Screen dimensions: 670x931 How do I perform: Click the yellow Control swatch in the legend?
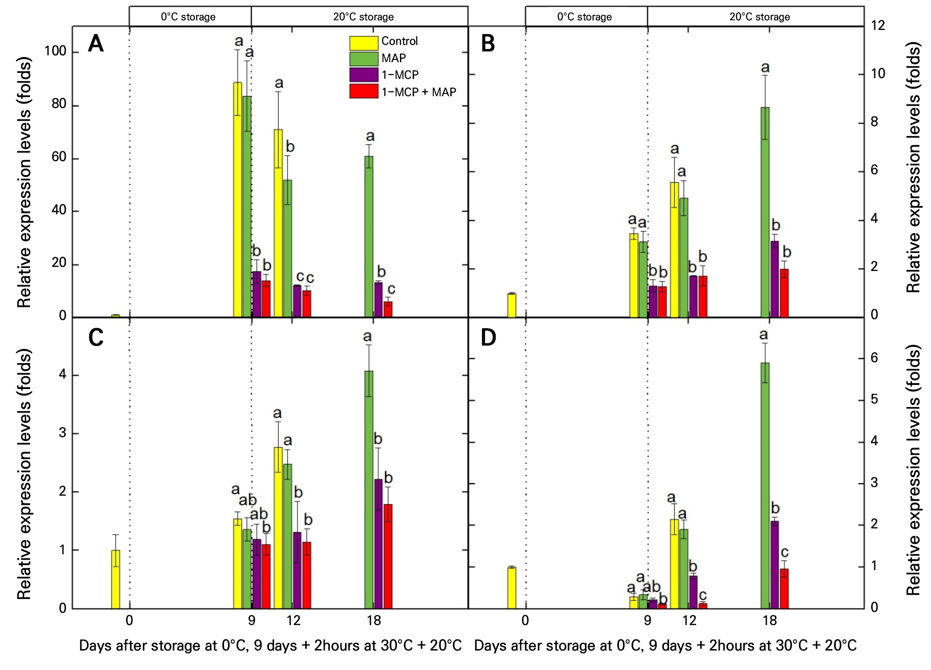coord(363,43)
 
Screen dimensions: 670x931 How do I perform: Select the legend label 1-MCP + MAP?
coord(419,92)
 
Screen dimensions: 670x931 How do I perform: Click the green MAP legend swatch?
coord(363,59)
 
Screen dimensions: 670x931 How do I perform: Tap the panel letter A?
coord(96,44)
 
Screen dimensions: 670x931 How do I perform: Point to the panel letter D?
coord(488,338)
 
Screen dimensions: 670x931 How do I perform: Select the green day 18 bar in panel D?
coord(765,485)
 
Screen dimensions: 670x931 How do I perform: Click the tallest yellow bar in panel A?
coord(238,199)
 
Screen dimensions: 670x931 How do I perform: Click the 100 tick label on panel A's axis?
coord(55,51)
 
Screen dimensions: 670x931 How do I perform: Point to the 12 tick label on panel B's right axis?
coord(878,25)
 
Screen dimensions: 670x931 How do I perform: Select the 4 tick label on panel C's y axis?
coord(63,374)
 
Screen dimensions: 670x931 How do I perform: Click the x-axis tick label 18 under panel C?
coord(374,620)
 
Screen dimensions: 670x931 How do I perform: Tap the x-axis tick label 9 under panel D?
coord(647,620)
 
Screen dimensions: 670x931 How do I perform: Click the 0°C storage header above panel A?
coord(188,17)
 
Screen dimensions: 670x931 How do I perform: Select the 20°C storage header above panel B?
coord(760,17)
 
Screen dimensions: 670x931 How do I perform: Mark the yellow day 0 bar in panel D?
coord(512,587)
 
